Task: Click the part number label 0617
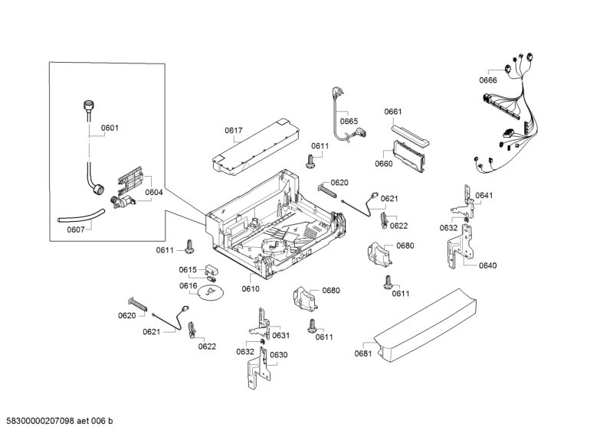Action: pos(234,131)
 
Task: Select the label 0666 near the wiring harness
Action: pos(488,80)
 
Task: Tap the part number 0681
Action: pos(362,353)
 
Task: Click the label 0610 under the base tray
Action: pos(251,288)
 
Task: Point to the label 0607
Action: pos(76,230)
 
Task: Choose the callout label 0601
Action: pos(110,128)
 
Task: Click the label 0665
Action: pos(349,121)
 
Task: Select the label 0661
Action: pos(393,112)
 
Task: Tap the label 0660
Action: pos(383,164)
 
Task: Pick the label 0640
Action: pos(487,265)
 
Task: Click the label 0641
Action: pos(484,195)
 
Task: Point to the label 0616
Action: pos(188,285)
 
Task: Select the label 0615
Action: pos(188,269)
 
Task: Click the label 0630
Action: pos(278,354)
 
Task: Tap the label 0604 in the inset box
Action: pos(154,192)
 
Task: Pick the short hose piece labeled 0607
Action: pos(80,214)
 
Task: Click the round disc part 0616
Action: pos(208,292)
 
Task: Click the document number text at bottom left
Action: pos(59,422)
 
